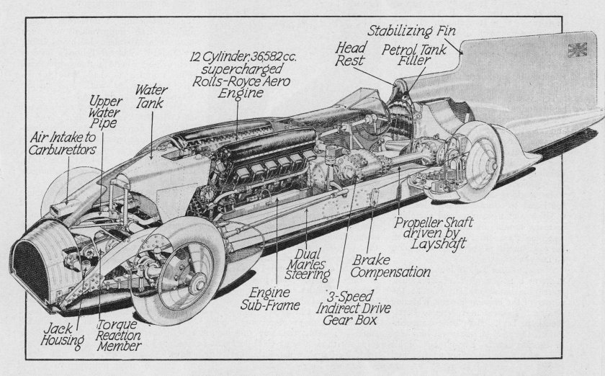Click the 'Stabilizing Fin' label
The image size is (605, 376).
point(412,31)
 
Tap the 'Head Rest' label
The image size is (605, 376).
point(351,55)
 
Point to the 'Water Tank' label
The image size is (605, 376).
point(151,97)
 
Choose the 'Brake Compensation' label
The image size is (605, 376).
point(392,266)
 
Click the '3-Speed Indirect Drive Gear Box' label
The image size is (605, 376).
point(357,308)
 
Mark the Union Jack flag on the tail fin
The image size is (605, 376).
point(578,50)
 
